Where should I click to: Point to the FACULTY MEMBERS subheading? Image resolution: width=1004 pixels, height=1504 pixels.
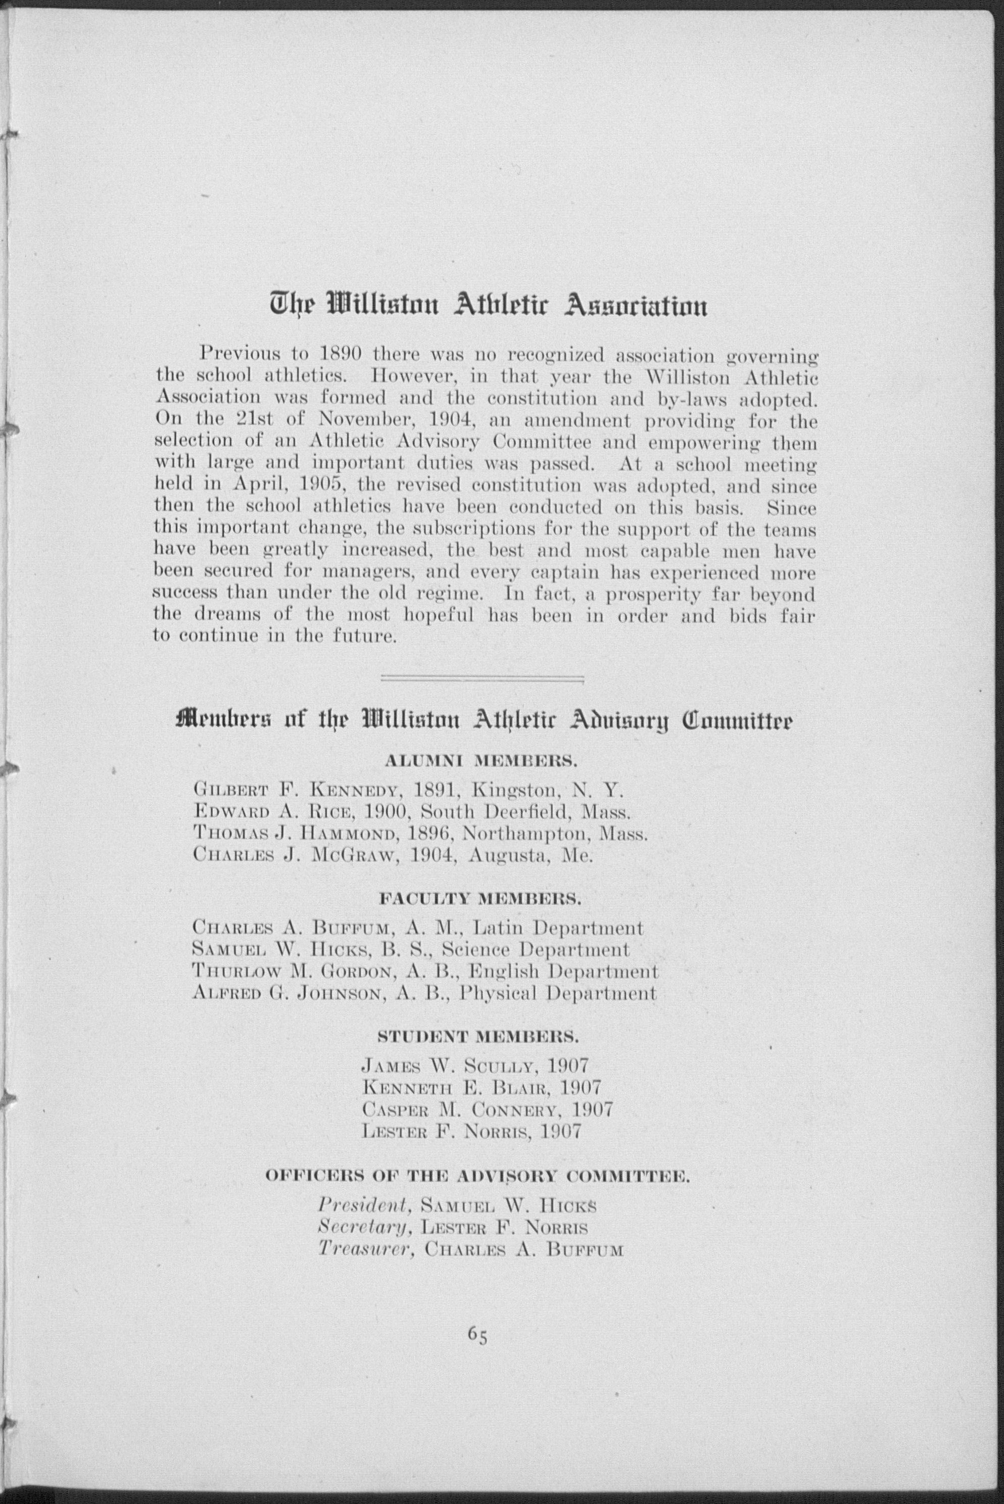click(480, 899)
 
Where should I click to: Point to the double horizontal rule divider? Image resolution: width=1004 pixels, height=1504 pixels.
click(482, 678)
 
